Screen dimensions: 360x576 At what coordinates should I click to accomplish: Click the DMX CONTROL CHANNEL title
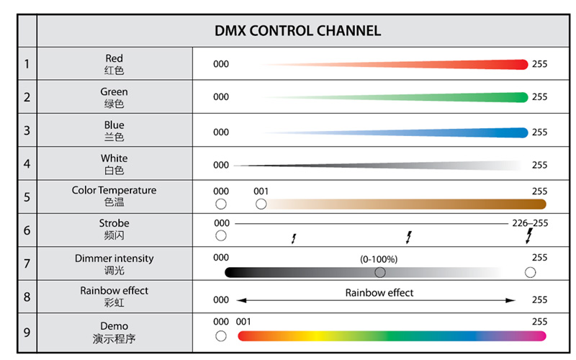tap(297, 31)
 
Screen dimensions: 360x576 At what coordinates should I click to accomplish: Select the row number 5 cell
tap(27, 197)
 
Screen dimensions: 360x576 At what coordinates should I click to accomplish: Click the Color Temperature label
tap(114, 191)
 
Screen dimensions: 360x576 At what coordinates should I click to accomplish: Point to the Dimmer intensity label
tap(114, 258)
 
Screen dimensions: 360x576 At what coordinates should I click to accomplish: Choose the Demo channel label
tap(114, 326)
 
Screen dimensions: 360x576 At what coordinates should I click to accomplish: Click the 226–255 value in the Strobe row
tap(530, 223)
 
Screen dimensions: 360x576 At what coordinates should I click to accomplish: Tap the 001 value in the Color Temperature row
tap(261, 192)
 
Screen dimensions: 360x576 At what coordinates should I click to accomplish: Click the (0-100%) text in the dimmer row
tap(379, 258)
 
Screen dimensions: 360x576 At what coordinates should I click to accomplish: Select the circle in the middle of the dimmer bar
tap(380, 272)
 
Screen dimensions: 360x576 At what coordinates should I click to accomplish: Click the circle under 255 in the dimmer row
tap(531, 272)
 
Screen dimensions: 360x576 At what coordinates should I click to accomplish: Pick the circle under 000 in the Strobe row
tap(221, 236)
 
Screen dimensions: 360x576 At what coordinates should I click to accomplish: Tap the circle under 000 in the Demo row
tap(221, 336)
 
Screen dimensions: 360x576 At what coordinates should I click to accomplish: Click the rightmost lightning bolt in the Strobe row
tap(529, 237)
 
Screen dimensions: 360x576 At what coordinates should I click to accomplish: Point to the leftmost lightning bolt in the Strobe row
tap(294, 238)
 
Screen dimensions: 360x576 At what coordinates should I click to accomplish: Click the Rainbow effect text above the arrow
tap(379, 292)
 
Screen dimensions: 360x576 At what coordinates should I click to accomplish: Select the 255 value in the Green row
tap(539, 97)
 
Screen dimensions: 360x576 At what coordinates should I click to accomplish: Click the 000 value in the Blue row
tap(221, 132)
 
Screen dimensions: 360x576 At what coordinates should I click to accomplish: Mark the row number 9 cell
tap(27, 333)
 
